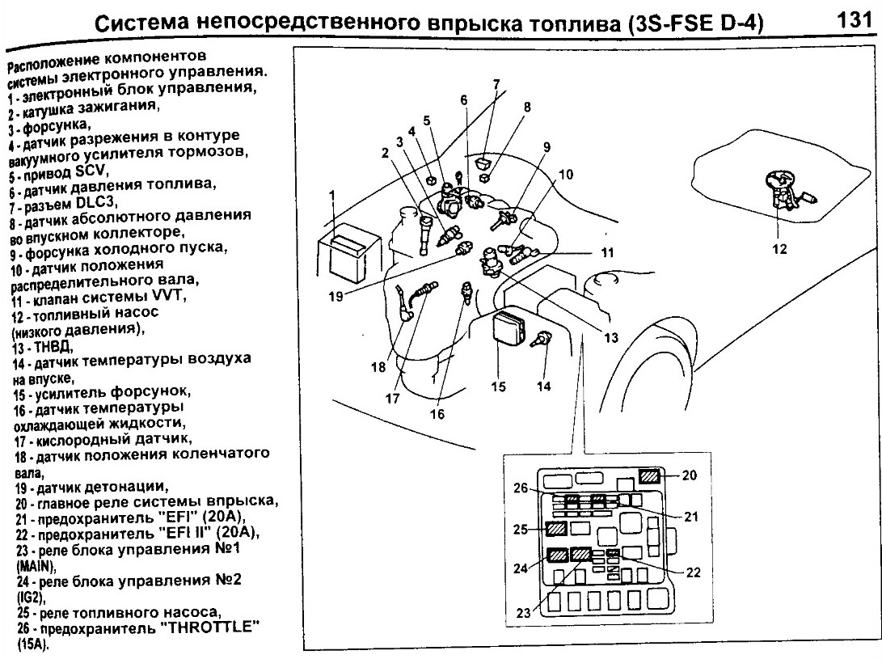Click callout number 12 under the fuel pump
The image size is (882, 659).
coord(779,249)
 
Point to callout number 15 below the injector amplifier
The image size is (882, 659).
coord(498,387)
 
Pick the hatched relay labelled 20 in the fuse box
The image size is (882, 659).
coord(651,476)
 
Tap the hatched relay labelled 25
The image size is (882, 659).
coord(556,530)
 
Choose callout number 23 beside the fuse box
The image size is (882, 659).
coord(524,613)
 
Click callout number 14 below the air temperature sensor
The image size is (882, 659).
coord(544,387)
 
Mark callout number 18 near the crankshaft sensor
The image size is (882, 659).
coord(379,366)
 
